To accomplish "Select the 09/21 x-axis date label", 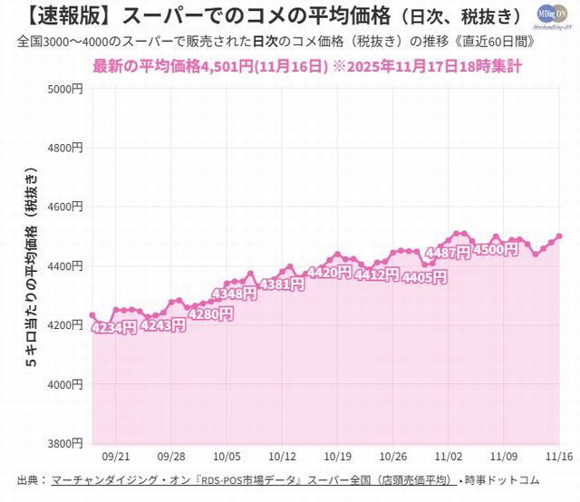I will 115,459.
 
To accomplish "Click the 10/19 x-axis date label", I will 337,459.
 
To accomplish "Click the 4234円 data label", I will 115,327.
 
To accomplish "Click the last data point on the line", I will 559,237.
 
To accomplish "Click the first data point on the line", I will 92,315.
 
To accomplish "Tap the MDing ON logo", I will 551,17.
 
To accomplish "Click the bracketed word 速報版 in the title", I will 53,15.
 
